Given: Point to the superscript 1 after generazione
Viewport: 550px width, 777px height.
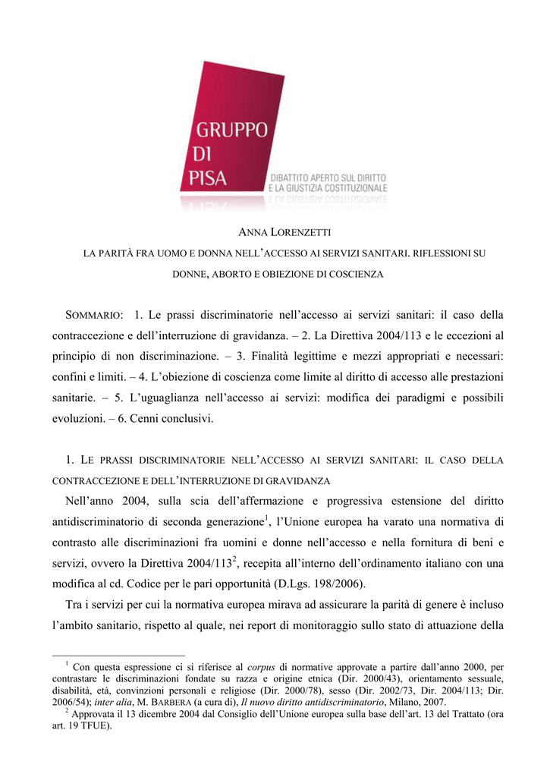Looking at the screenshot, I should [268, 518].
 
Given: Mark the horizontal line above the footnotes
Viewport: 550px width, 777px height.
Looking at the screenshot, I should [118, 655].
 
